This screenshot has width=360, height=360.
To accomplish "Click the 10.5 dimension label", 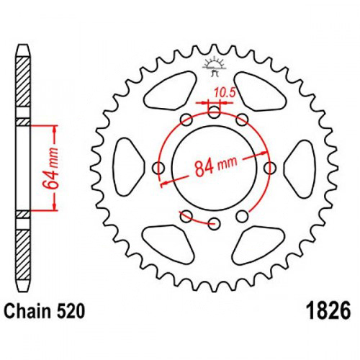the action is (x=225, y=93).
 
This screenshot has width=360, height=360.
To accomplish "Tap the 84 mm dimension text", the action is (x=216, y=166).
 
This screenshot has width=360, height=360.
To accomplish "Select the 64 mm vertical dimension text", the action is (x=50, y=168).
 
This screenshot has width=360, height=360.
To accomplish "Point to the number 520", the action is (x=71, y=311).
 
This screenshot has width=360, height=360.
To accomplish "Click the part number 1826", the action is (x=329, y=311).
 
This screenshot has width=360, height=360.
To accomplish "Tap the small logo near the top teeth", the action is (x=214, y=66).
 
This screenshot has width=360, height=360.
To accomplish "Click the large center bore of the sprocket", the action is (x=214, y=168).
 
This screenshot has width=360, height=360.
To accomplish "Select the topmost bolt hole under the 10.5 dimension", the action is (x=214, y=112).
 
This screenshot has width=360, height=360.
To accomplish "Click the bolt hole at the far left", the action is (x=158, y=168).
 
